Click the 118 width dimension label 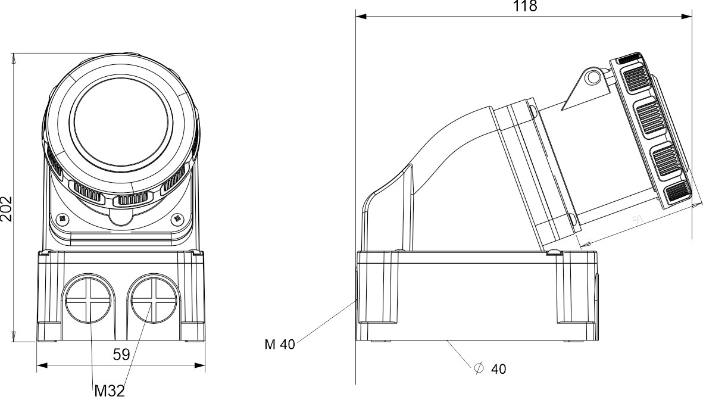click(524, 7)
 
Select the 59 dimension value click(121, 355)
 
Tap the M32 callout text click(110, 390)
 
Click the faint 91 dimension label click(638, 221)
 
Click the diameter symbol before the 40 click(479, 368)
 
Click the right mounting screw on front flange click(177, 219)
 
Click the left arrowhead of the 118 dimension click(360, 17)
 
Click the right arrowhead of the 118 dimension click(690, 17)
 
